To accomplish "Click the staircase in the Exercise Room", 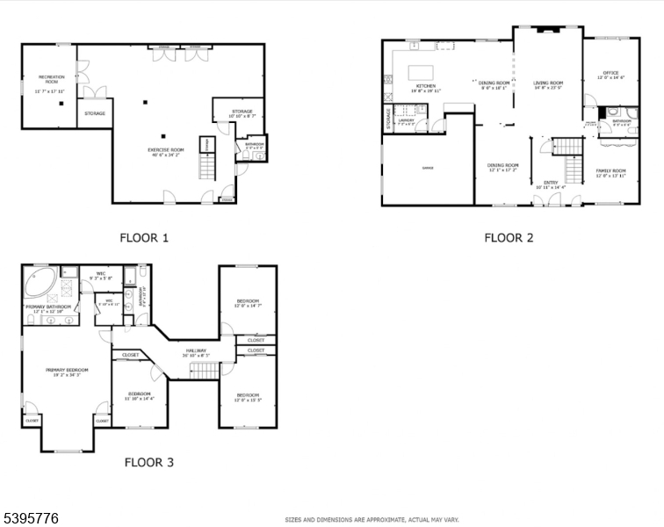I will coord(208,166).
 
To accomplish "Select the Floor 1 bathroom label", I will coord(255,145).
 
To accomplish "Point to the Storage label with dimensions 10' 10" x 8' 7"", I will coord(242,113).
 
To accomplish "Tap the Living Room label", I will coord(548,85).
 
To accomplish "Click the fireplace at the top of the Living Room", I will coord(548,31).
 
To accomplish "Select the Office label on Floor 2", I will coord(611,75).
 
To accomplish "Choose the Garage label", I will coord(428,167).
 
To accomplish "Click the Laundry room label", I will coord(406,122).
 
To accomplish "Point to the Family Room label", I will coord(611,173).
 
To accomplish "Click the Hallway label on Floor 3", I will coord(195,353).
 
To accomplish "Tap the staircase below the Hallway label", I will coord(204,370).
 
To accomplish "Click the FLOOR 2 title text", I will coord(509,237).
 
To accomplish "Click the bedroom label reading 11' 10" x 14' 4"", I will coord(139,395).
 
